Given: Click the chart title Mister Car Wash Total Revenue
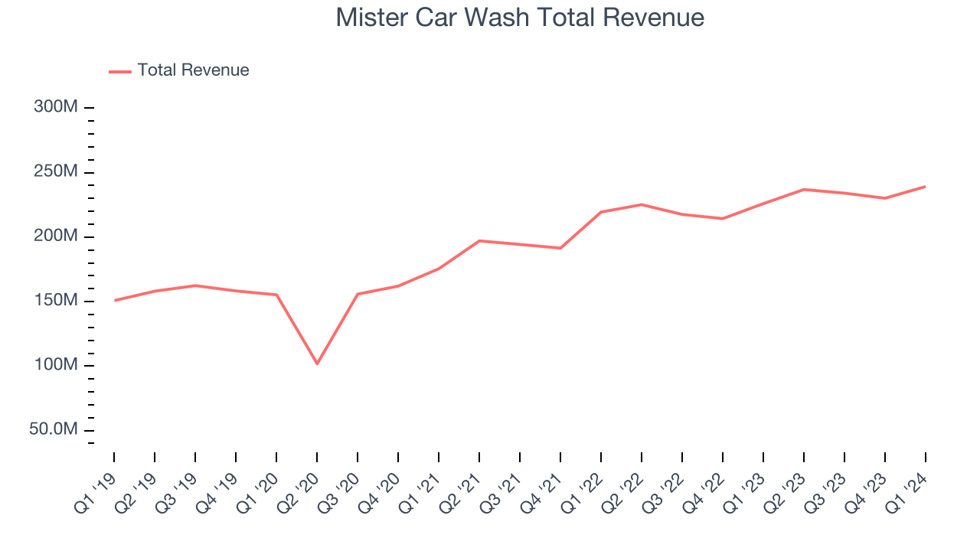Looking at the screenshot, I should tap(520, 17).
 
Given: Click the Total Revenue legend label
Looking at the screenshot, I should tap(193, 70).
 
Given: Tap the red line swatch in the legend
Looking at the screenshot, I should tap(120, 71).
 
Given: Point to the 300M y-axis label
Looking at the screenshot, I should tap(56, 107).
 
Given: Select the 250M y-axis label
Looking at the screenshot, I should tap(56, 171).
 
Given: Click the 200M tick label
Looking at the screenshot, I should tap(56, 236).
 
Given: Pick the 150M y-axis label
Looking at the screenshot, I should tap(56, 300).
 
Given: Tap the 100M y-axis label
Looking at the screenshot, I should tap(56, 364).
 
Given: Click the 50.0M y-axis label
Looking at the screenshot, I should tap(54, 429).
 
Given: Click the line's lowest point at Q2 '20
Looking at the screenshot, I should tap(317, 364).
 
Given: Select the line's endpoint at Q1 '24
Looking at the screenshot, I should tap(925, 187).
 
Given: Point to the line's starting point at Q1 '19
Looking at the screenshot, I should tap(115, 300).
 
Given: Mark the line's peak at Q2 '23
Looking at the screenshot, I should tap(803, 189).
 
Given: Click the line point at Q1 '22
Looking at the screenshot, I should tap(601, 212).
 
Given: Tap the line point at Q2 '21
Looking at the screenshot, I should tap(479, 241).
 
